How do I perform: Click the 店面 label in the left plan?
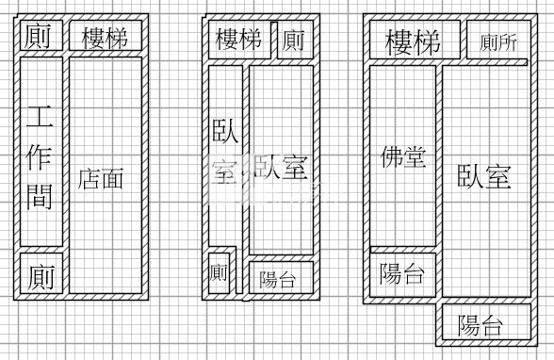(102, 177)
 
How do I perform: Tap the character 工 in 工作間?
(40, 118)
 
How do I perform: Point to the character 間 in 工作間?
(40, 196)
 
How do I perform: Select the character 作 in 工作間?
(40, 156)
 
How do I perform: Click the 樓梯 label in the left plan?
(104, 38)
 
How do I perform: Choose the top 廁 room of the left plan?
(39, 37)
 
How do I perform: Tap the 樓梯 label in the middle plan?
(239, 40)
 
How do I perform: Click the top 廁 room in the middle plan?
(293, 40)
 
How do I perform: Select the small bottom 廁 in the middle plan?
(220, 273)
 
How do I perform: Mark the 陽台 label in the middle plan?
(279, 279)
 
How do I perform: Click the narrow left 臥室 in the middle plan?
(225, 151)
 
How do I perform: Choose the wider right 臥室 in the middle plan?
(281, 170)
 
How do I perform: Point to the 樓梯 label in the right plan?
(413, 41)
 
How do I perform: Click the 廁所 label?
(498, 42)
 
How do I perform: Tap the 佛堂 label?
(403, 156)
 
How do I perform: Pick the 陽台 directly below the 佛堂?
(402, 274)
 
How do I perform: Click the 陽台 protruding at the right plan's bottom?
(481, 326)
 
